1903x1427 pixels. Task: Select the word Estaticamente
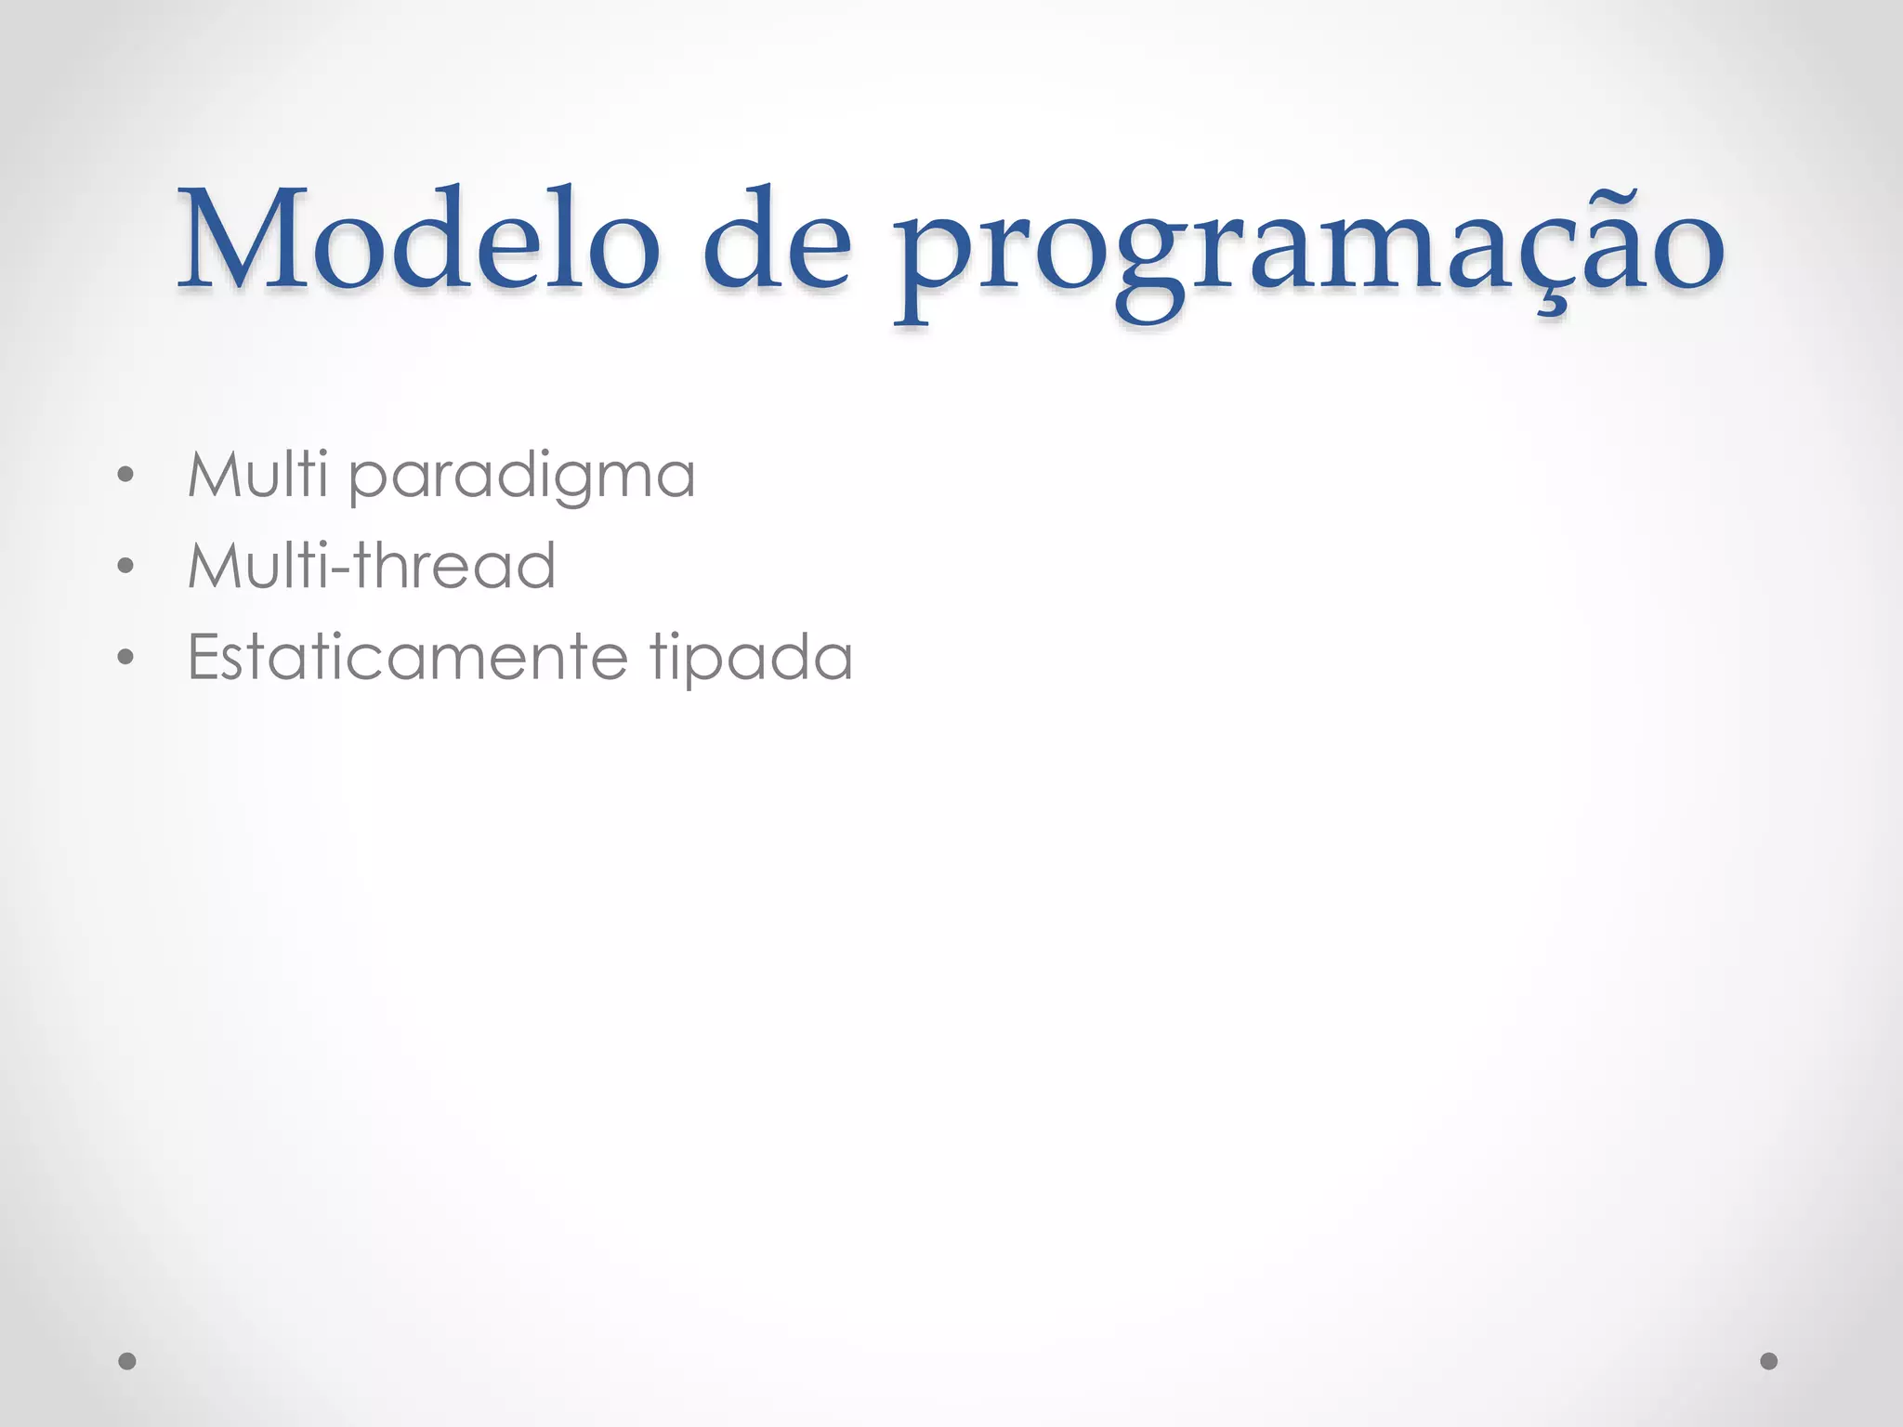(x=408, y=657)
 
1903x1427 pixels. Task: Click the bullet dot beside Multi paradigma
(x=126, y=477)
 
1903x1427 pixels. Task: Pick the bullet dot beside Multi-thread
(x=126, y=567)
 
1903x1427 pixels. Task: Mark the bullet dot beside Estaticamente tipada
(x=126, y=658)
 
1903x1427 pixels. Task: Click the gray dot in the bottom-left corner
(x=127, y=1361)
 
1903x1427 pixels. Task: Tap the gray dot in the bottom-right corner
(x=1769, y=1361)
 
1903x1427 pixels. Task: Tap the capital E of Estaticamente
(x=204, y=657)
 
